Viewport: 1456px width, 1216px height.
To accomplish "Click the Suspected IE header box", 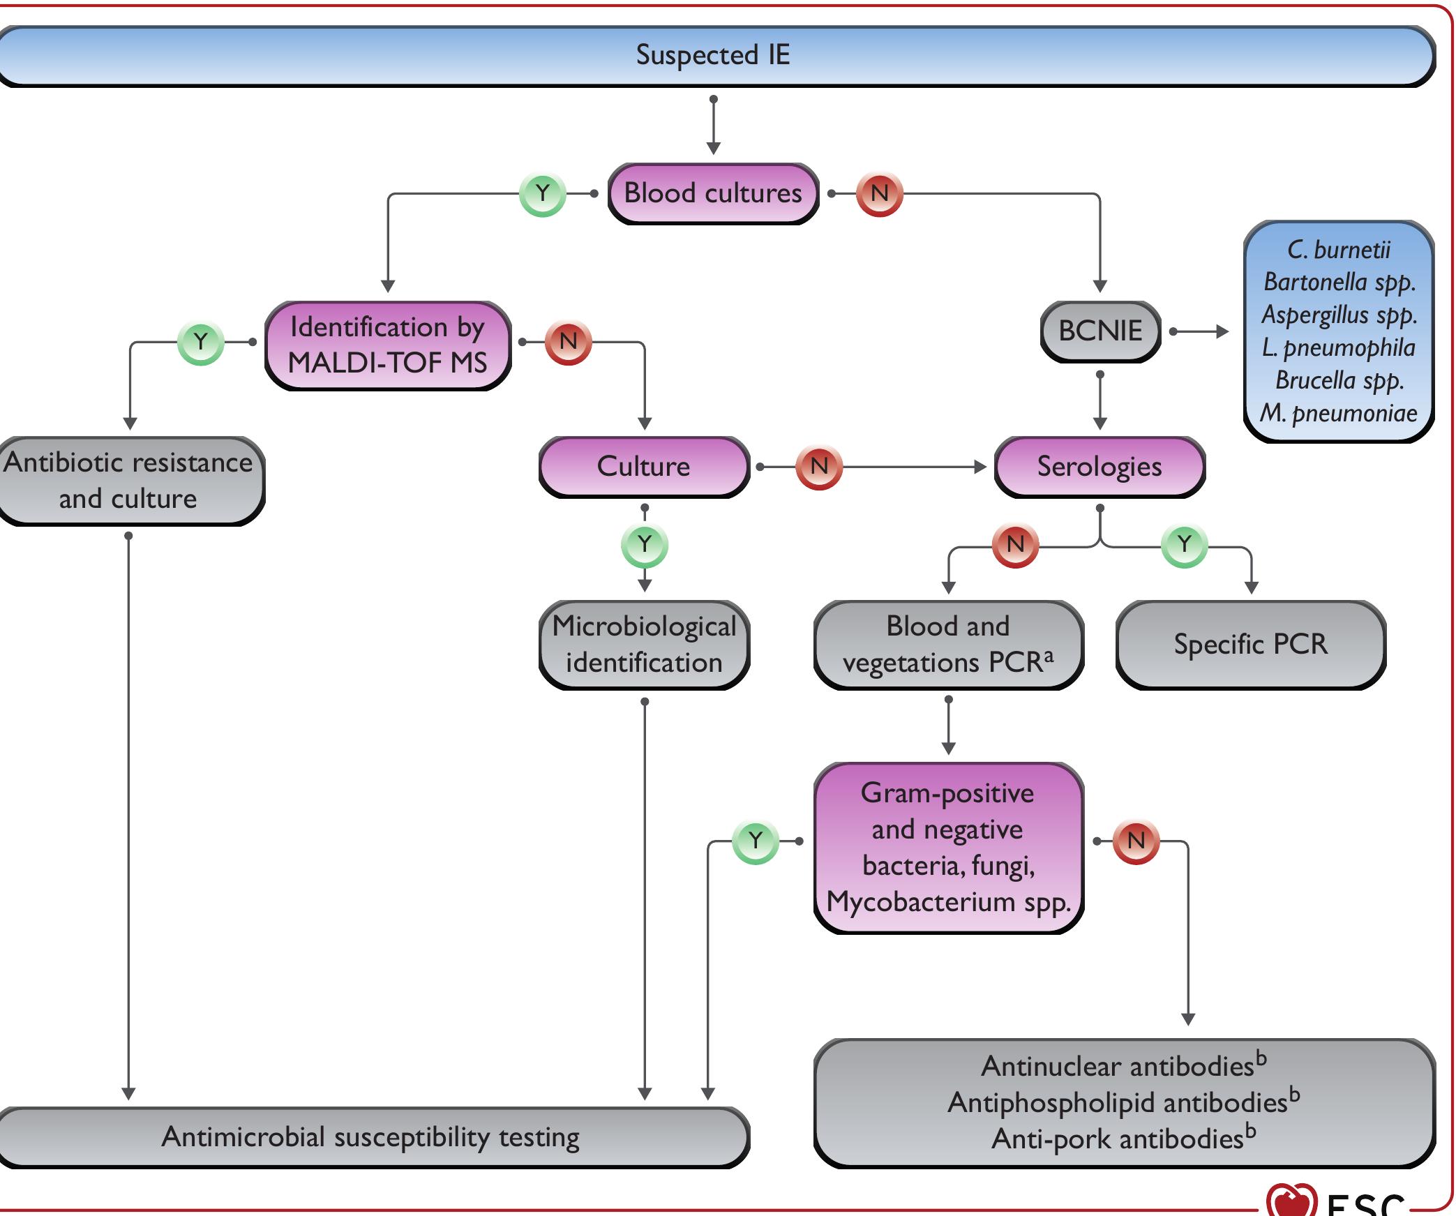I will pyautogui.click(x=713, y=56).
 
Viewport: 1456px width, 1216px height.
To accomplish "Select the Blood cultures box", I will pyautogui.click(x=713, y=193).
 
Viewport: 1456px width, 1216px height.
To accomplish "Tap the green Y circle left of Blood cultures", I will pyautogui.click(x=542, y=193).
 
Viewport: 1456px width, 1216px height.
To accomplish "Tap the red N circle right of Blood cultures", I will pyautogui.click(x=880, y=193).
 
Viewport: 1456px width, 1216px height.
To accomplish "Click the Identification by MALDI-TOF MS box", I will pyautogui.click(x=388, y=345).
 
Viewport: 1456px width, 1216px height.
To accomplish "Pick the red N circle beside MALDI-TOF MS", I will pyautogui.click(x=568, y=342).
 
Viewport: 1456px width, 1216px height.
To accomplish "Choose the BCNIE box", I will pyautogui.click(x=1100, y=331).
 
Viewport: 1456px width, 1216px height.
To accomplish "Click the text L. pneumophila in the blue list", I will pyautogui.click(x=1338, y=347).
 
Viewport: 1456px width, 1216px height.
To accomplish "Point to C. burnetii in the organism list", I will pyautogui.click(x=1338, y=250).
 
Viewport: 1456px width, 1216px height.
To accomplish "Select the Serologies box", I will pyautogui.click(x=1099, y=467).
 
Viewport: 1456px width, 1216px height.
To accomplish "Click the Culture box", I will pyautogui.click(x=643, y=467).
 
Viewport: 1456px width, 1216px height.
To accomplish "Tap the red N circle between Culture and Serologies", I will pyautogui.click(x=819, y=466).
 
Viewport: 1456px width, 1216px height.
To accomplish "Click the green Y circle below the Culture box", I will pyautogui.click(x=645, y=545).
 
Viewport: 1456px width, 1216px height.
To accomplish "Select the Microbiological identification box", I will pyautogui.click(x=644, y=645).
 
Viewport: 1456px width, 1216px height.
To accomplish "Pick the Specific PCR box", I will pyautogui.click(x=1250, y=645).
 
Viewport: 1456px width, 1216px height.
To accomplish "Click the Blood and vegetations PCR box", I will pyautogui.click(x=948, y=645).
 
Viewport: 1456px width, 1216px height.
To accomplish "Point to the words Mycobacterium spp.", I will pyautogui.click(x=948, y=902).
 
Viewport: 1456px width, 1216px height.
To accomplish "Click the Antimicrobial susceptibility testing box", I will pyautogui.click(x=370, y=1137).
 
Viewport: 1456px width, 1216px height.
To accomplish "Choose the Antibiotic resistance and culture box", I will pyautogui.click(x=128, y=481).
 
